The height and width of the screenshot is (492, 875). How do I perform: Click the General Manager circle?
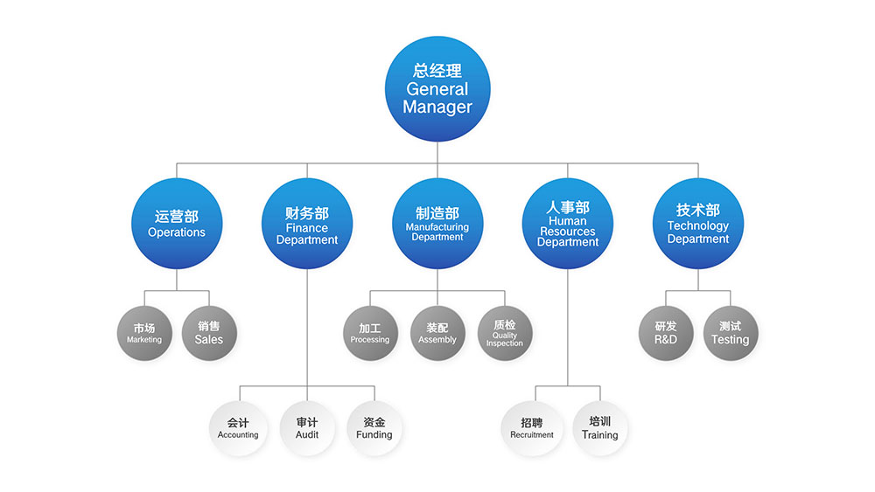click(437, 89)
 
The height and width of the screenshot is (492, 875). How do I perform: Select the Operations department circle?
click(177, 223)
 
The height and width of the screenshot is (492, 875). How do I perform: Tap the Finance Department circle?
click(307, 223)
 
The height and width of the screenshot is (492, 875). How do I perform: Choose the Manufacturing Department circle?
click(437, 223)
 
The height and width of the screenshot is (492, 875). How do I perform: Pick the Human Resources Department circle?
click(567, 223)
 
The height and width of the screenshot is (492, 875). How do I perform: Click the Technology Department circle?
click(697, 223)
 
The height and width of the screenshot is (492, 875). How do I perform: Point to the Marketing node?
click(144, 333)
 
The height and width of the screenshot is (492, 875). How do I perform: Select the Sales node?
click(209, 333)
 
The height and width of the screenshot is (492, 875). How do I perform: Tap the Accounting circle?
click(238, 428)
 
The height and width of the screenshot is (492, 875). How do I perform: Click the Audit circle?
click(307, 428)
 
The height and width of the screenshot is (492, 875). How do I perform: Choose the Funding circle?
click(374, 428)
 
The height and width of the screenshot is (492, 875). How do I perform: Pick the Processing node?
click(370, 333)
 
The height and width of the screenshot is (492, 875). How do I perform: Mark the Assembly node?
click(437, 333)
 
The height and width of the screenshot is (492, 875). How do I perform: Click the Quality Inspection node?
click(505, 333)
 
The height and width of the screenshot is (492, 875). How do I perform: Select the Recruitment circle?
click(532, 428)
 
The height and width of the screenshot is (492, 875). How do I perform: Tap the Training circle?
click(600, 428)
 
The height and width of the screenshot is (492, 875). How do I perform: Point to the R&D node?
click(666, 333)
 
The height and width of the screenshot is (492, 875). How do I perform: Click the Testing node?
click(730, 333)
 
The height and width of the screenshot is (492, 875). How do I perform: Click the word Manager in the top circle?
click(437, 107)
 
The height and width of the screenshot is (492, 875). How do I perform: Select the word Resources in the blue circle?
click(567, 232)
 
